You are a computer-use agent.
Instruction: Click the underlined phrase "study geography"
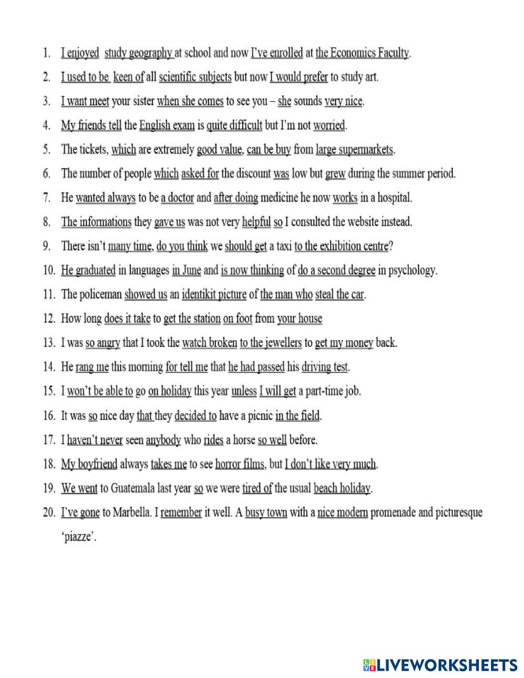tap(138, 53)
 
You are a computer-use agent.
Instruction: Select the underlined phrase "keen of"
tap(128, 77)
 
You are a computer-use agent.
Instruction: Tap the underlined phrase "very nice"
tap(343, 101)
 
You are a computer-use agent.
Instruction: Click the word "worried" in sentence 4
tap(330, 126)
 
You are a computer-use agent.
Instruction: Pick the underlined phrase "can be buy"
tap(268, 150)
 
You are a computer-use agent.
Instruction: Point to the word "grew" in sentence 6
tap(335, 174)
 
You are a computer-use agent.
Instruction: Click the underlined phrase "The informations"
tap(96, 222)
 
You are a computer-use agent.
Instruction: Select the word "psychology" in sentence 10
tap(412, 271)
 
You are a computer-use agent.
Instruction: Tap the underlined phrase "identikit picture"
tap(214, 294)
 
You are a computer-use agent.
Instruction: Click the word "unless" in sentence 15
tap(244, 391)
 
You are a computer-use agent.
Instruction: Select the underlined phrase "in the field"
tap(298, 416)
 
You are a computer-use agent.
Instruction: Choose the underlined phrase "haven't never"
tap(95, 440)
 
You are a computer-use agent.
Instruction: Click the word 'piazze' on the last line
tap(79, 537)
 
